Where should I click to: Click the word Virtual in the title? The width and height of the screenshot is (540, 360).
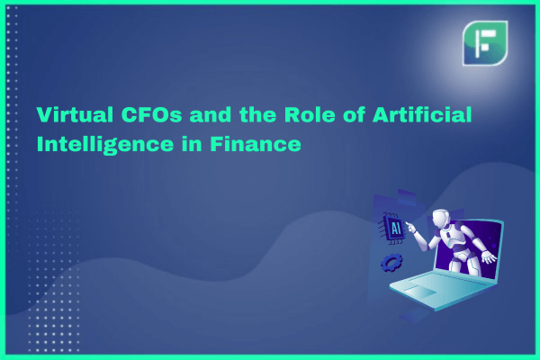coord(75,114)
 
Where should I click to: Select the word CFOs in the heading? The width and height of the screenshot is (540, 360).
coord(151,114)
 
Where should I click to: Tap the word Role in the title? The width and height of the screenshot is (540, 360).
coord(310,114)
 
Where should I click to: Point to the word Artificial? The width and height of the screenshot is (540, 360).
coord(422,114)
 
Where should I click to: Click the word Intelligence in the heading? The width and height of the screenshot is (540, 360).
coord(105,145)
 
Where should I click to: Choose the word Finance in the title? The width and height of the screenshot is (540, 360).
coord(256,144)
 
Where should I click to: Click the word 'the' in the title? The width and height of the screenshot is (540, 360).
coord(257,114)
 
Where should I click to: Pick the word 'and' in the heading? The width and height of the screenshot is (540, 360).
coord(210,114)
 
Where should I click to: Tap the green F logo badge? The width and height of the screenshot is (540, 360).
coord(485,43)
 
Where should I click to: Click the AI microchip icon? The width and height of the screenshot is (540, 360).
coord(393,228)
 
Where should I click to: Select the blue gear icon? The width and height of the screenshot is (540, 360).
coord(391,263)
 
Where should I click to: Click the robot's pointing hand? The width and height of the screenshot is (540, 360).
coord(410,227)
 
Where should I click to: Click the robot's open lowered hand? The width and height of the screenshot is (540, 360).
coord(489,256)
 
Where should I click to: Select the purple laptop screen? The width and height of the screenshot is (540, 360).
coord(468,248)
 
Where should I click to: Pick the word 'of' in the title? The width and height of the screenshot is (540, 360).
coord(354,114)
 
